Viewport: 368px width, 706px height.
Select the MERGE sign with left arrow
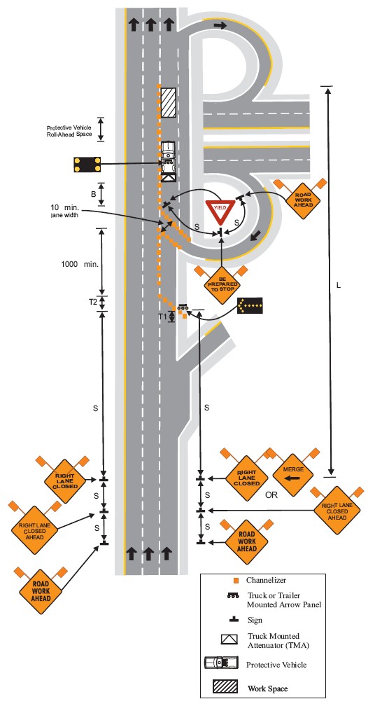click(293, 472)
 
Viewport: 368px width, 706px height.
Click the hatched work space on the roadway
click(168, 102)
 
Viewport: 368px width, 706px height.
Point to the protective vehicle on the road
click(168, 161)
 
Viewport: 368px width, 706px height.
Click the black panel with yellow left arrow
click(250, 305)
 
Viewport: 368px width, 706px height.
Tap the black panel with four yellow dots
click(87, 165)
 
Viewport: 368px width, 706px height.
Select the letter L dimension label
click(339, 286)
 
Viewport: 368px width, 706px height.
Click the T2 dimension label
click(93, 302)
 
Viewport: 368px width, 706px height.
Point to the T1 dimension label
click(162, 317)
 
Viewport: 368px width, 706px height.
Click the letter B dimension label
click(94, 194)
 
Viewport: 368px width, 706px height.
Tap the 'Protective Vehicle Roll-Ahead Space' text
click(69, 131)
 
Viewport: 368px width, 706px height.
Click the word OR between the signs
click(271, 494)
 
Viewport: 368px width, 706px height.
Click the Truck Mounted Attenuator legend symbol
click(229, 639)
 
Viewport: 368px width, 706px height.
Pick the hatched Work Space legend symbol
click(225, 686)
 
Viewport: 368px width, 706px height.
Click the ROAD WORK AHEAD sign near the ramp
click(303, 200)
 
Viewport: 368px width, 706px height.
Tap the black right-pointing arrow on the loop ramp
click(220, 26)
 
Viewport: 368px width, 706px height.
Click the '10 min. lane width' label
click(65, 212)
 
